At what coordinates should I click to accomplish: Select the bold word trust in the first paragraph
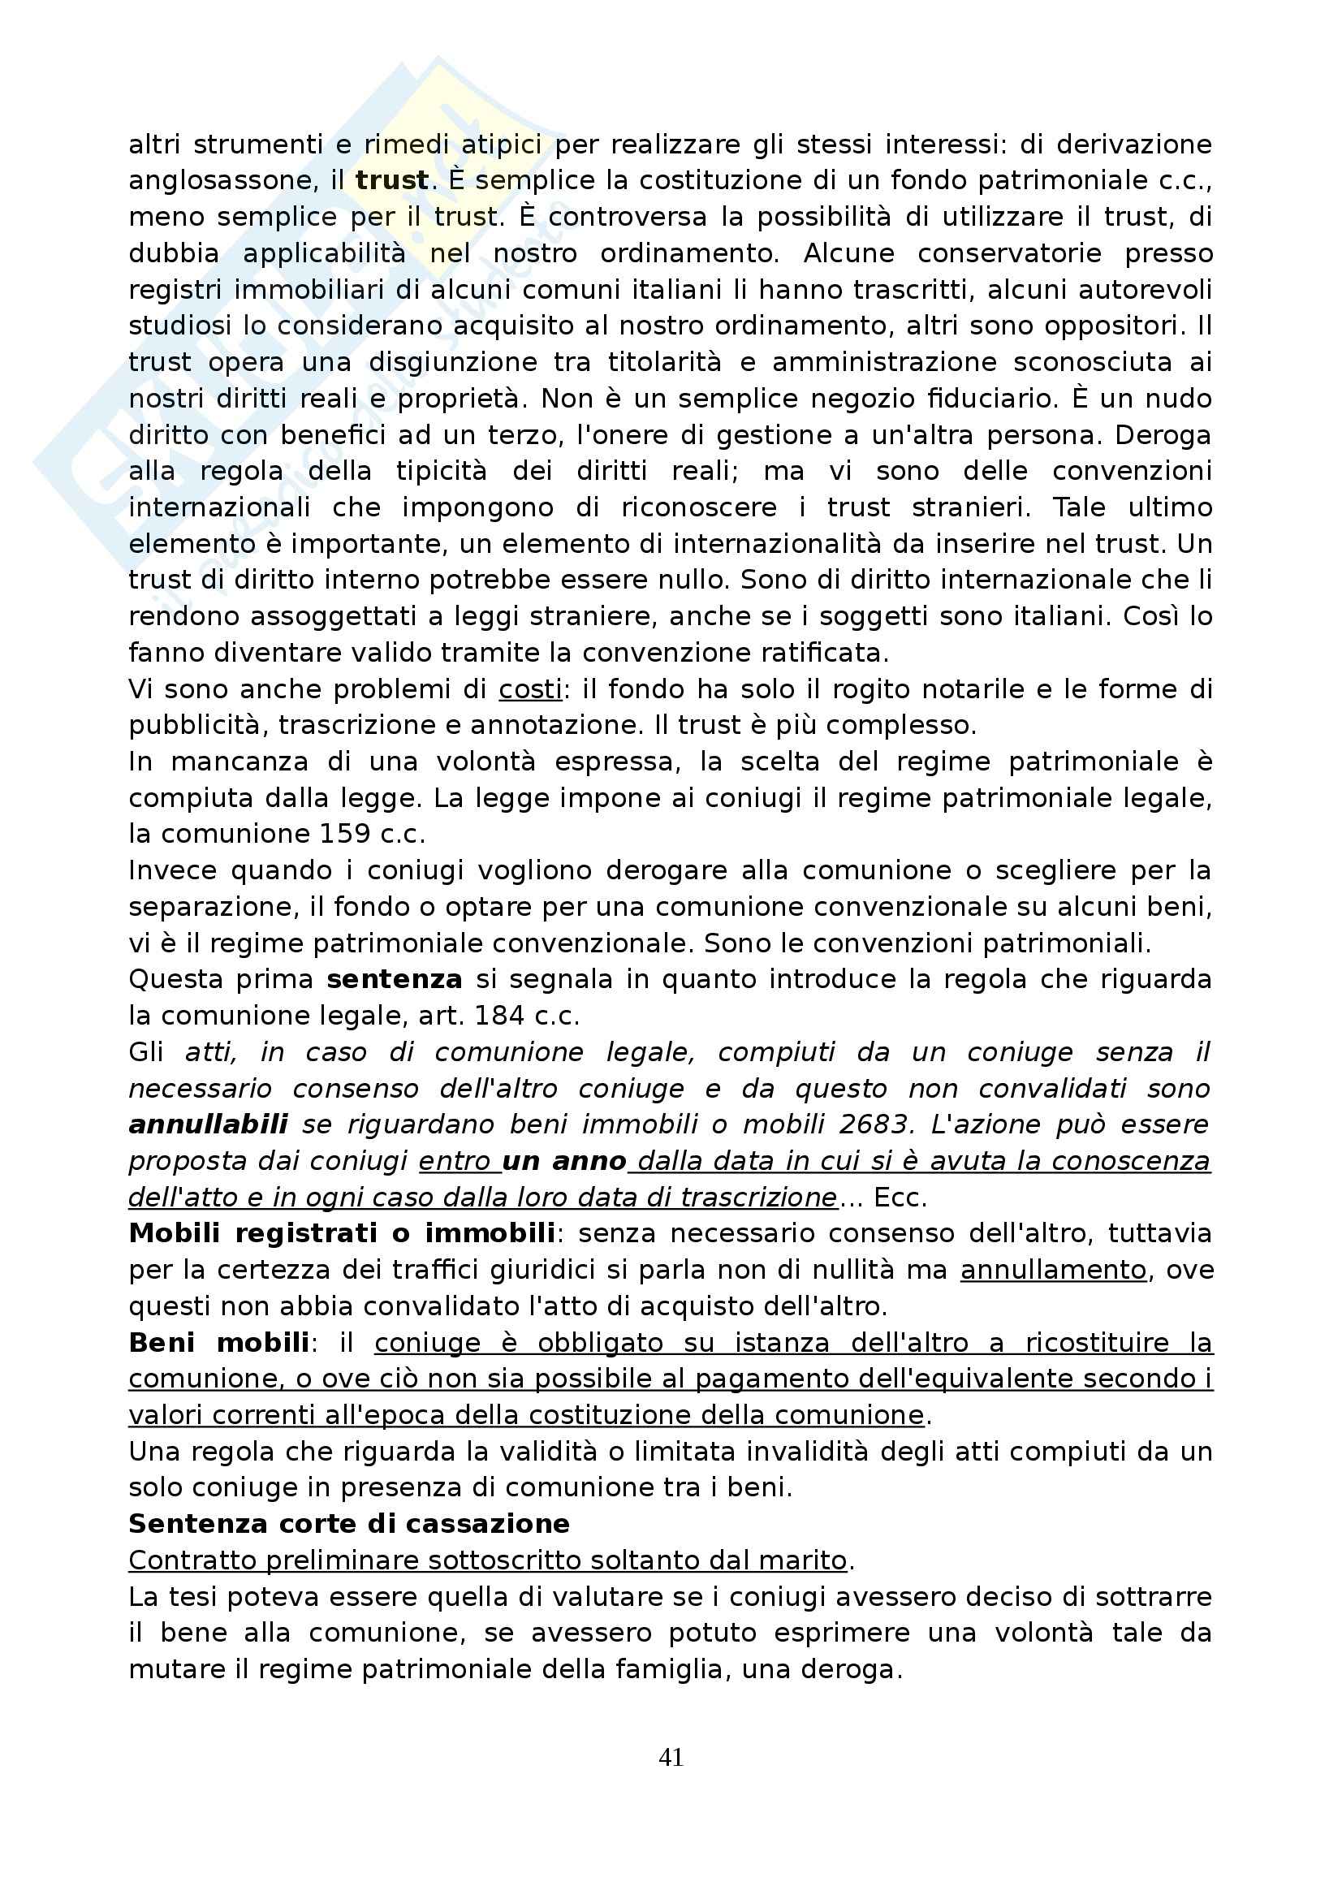(x=392, y=180)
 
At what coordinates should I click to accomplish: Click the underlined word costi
(x=530, y=689)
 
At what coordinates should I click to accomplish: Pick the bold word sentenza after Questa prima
(x=395, y=979)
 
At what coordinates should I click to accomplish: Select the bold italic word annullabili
(x=209, y=1124)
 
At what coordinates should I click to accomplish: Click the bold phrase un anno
(x=564, y=1161)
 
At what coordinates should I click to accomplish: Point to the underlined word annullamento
(x=1054, y=1271)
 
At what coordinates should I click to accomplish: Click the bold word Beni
(x=162, y=1342)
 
